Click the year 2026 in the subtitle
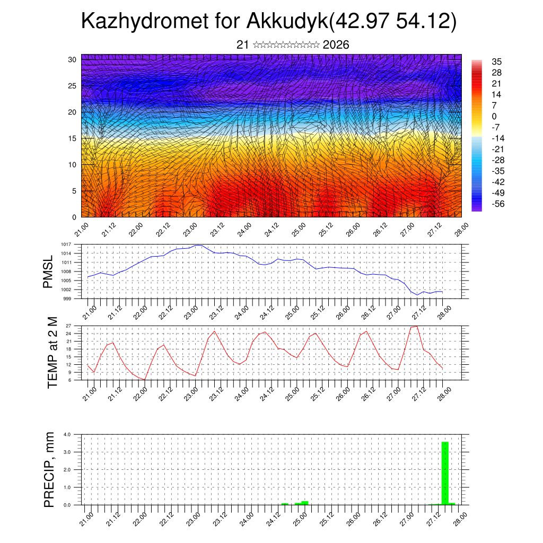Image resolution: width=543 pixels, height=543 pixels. click(336, 45)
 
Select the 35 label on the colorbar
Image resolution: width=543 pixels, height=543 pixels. click(497, 62)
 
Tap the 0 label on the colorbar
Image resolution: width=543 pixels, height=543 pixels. click(494, 116)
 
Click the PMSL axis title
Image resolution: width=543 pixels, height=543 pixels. click(48, 271)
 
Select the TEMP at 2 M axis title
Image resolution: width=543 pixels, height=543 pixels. click(52, 352)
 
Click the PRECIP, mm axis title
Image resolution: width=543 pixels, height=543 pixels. click(49, 469)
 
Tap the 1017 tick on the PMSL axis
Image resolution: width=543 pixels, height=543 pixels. click(66, 244)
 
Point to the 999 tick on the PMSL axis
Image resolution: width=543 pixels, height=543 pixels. click(67, 299)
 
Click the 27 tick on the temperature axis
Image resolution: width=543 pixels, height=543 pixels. click(68, 325)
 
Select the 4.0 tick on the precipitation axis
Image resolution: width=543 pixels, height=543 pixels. click(67, 434)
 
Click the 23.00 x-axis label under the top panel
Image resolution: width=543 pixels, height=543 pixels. click(189, 231)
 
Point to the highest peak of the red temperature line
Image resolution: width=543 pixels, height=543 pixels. click(417, 326)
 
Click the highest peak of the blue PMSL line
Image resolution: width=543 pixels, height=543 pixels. click(198, 245)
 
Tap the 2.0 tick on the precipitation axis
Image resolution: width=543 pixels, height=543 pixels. click(67, 470)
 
